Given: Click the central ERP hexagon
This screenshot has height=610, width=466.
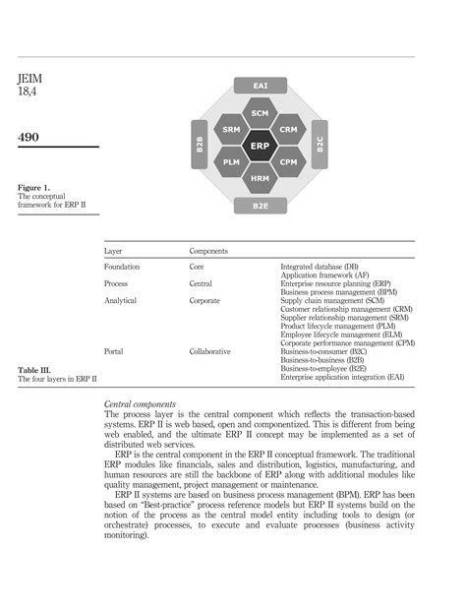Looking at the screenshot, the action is pyautogui.click(x=261, y=147).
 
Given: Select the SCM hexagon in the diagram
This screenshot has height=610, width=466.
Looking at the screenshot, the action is pyautogui.click(x=261, y=114).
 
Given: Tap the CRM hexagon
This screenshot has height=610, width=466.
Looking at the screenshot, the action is pyautogui.click(x=289, y=130).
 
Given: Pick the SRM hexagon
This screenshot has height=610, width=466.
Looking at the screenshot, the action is pyautogui.click(x=232, y=130).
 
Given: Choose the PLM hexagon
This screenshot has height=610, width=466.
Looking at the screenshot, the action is pyautogui.click(x=232, y=162).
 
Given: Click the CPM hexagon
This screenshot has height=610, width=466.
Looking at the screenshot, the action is pyautogui.click(x=289, y=162).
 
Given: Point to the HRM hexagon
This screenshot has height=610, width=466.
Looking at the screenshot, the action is pyautogui.click(x=261, y=179).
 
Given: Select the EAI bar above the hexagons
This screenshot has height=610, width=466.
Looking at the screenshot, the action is pyautogui.click(x=261, y=87).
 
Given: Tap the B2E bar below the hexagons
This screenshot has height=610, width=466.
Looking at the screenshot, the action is pyautogui.click(x=261, y=207).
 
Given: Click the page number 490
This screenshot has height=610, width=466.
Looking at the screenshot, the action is pyautogui.click(x=29, y=137).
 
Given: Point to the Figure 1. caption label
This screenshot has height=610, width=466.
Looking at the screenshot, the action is pyautogui.click(x=35, y=186).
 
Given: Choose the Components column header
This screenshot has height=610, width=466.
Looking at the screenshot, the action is pyautogui.click(x=209, y=252).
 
